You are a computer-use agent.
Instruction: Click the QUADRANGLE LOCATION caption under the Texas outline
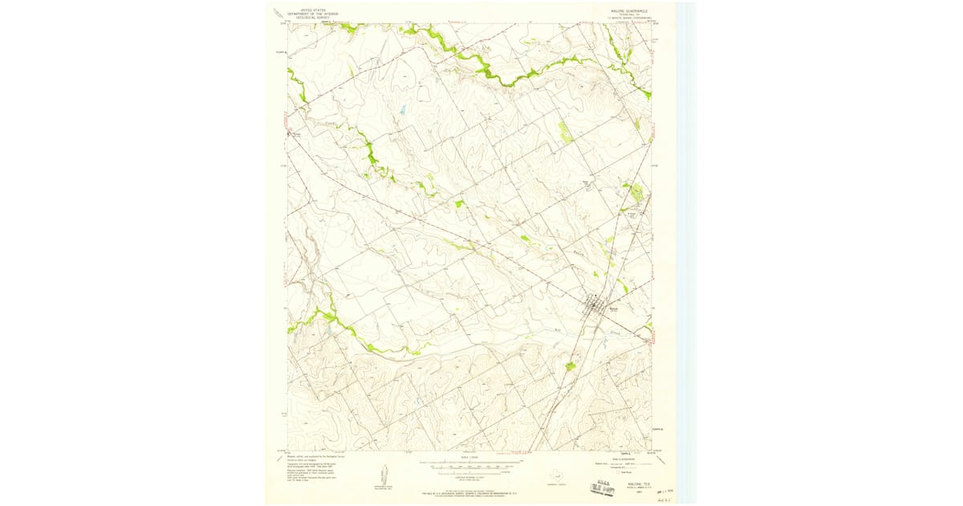click(x=553, y=485)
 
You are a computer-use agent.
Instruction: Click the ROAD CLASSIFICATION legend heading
click(x=622, y=458)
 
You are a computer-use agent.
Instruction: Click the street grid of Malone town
click(x=593, y=304)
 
